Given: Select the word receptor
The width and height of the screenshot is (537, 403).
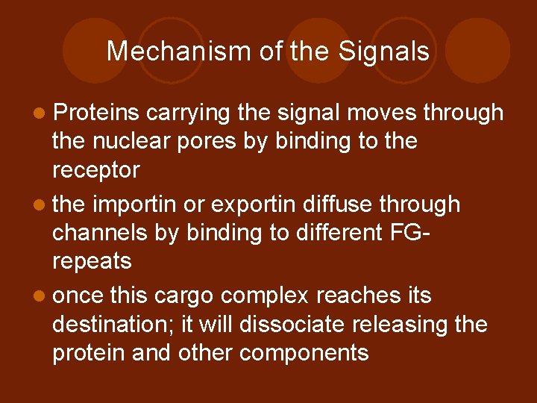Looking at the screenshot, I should (x=95, y=170).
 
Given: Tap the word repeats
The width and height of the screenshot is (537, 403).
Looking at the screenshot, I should (x=92, y=261).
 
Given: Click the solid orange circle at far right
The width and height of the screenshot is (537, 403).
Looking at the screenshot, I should (x=478, y=51).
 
